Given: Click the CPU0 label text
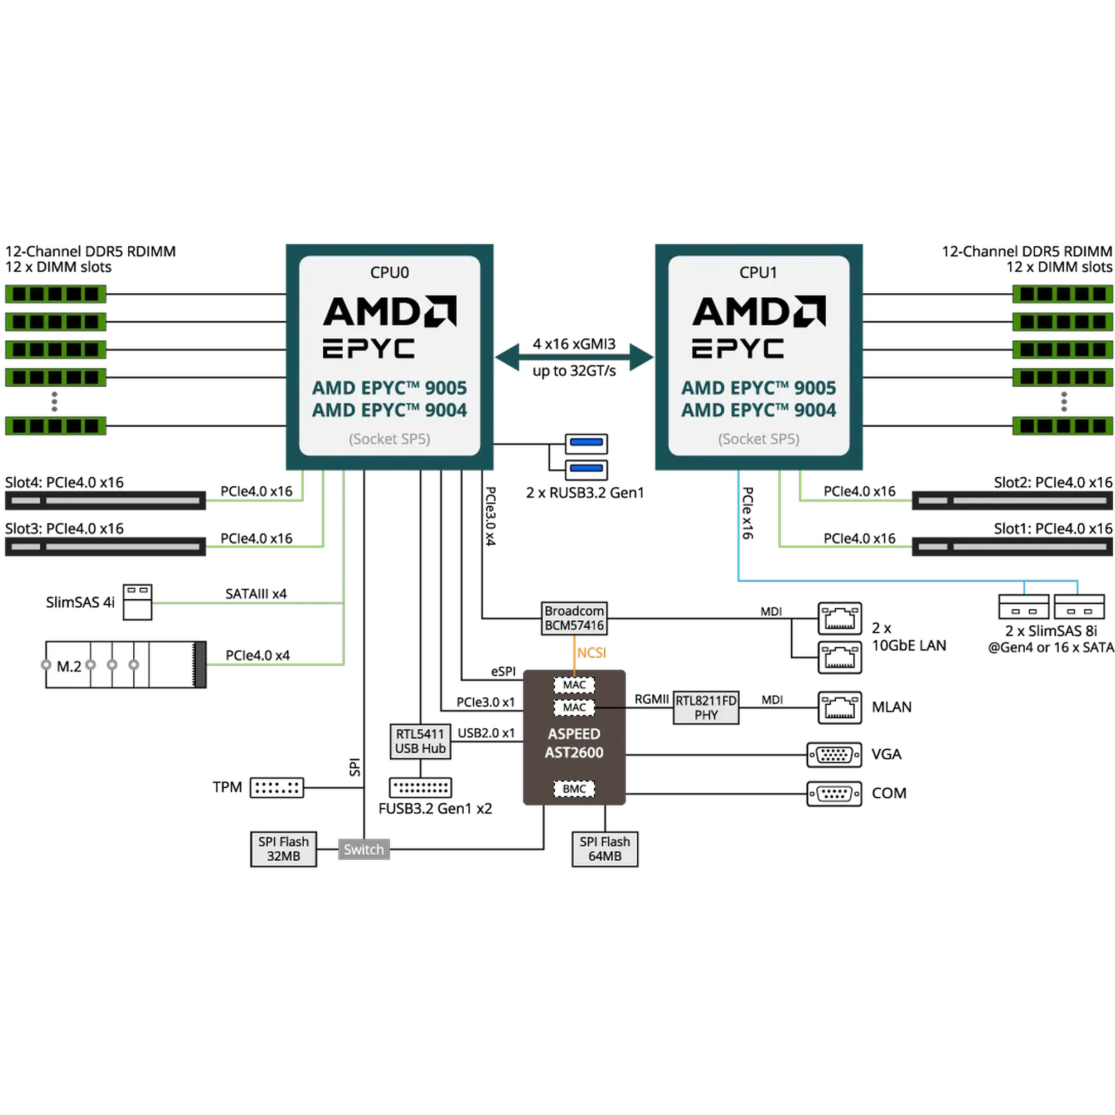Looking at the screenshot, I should coord(390,273).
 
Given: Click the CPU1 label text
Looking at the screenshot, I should coord(758,273).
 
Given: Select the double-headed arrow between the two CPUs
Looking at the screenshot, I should coord(574,357).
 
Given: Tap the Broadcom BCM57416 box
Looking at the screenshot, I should coord(574,618).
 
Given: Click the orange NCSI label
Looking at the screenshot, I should coord(592,653).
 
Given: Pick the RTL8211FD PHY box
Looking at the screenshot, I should coord(706,707).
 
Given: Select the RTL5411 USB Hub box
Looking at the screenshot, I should coord(420,741).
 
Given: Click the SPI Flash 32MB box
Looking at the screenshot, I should coord(283,849).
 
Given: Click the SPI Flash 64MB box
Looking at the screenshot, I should coord(605,849).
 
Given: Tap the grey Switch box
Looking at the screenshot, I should coord(363,850).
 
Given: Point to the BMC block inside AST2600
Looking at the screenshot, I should coord(574,789).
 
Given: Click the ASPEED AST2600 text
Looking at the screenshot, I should coord(574,743).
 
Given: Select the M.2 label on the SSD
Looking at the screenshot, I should coord(69,667).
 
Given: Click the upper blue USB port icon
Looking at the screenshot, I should coord(586,443).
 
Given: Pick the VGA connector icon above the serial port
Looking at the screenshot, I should coord(834,754).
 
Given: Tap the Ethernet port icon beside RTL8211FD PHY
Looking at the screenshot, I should coord(839,707).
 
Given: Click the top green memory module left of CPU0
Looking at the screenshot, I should coord(55,294).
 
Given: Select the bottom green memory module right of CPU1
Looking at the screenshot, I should coord(1063,426).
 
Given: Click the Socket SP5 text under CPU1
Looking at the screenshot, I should coord(758,439).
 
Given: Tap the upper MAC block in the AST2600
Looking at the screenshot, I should coord(574,685).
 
